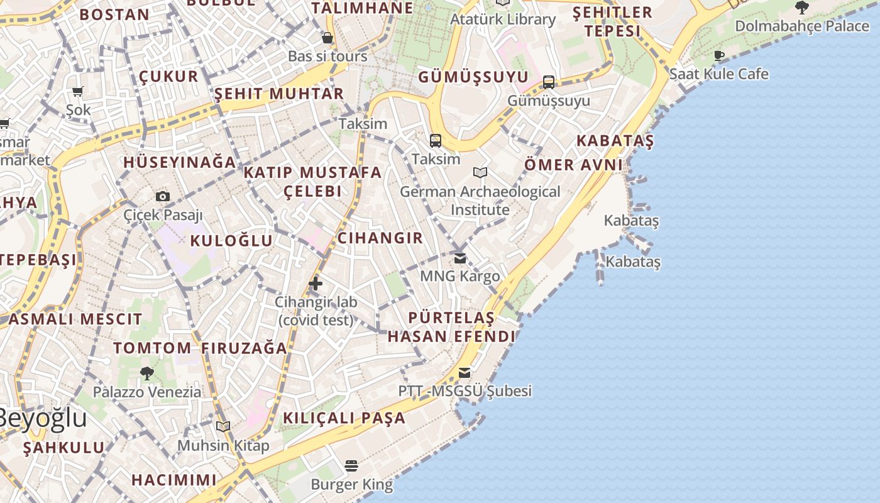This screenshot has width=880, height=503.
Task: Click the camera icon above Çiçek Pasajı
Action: (x=163, y=196)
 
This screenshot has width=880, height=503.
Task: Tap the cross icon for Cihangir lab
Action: (x=316, y=284)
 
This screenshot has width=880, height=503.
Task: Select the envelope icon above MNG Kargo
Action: (x=460, y=258)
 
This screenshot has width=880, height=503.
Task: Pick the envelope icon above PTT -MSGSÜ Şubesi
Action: (x=465, y=373)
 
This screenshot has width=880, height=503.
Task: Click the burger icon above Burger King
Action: (x=351, y=466)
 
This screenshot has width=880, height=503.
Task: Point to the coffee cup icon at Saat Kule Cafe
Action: (x=719, y=55)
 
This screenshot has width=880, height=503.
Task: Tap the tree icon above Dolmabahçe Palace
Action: (x=801, y=8)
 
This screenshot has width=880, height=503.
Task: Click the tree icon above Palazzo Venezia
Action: (x=147, y=373)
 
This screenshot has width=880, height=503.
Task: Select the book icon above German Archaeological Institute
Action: (x=480, y=172)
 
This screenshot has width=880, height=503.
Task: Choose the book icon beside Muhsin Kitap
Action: (x=223, y=427)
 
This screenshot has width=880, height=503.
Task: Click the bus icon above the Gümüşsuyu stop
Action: (x=549, y=82)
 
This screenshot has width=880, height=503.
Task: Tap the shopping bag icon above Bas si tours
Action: (x=327, y=38)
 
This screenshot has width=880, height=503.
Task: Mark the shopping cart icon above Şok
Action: (x=78, y=92)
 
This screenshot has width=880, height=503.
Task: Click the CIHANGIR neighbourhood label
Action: (x=380, y=238)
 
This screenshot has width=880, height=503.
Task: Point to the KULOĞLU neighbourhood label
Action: (x=231, y=241)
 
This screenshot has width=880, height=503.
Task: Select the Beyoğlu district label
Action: (x=41, y=418)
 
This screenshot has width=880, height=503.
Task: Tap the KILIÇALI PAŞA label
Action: (x=344, y=418)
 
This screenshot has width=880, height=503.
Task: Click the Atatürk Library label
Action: (x=503, y=19)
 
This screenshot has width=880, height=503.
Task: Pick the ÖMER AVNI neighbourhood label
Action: (x=573, y=165)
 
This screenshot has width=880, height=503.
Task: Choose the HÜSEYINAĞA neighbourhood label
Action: (x=179, y=162)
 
